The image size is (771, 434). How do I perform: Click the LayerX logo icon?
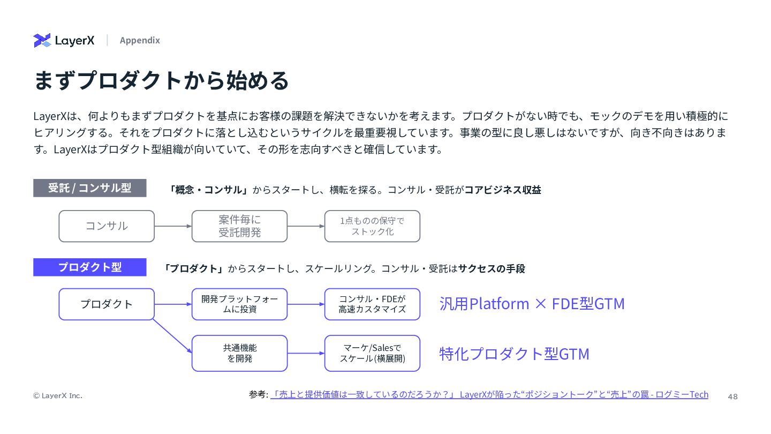click(42, 40)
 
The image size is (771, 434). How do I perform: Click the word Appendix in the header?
click(140, 40)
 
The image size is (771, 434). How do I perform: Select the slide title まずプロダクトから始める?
click(161, 80)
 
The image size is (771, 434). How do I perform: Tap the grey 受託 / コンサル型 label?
click(89, 188)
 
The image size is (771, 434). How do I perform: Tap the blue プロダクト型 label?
click(89, 267)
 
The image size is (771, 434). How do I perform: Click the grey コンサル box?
click(107, 226)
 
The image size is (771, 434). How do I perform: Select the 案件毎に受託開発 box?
click(239, 226)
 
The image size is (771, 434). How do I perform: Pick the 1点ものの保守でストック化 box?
click(372, 226)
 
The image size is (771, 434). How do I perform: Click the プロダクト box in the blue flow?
click(107, 304)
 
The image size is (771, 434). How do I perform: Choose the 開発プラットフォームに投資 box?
click(239, 304)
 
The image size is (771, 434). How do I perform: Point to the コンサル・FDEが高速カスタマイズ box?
click(372, 304)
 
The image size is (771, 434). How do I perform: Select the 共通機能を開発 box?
click(239, 353)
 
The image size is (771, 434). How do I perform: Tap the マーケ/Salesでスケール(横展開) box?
click(372, 353)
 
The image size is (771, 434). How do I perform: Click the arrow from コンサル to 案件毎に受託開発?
click(173, 226)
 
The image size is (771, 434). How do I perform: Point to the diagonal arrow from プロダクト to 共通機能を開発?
click(172, 336)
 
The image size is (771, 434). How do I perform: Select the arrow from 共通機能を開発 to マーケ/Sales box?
click(306, 353)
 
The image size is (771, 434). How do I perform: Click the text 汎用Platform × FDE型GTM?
click(532, 304)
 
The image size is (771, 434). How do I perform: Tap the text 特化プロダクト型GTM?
click(514, 354)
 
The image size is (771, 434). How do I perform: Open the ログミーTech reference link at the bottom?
click(489, 394)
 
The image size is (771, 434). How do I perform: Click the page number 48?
click(732, 396)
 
